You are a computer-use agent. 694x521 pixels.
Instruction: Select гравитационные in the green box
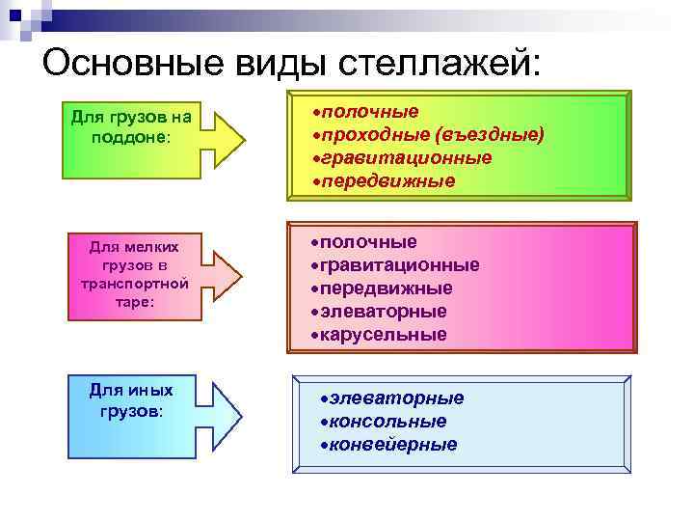(x=406, y=157)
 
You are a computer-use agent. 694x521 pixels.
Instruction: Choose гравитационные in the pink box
(x=400, y=264)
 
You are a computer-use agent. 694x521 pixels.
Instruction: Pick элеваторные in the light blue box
(x=396, y=398)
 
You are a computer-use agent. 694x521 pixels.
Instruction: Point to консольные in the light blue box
(x=387, y=422)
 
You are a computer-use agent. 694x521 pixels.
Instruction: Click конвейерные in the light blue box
(x=393, y=445)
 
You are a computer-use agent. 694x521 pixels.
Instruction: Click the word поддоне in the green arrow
(x=129, y=137)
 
